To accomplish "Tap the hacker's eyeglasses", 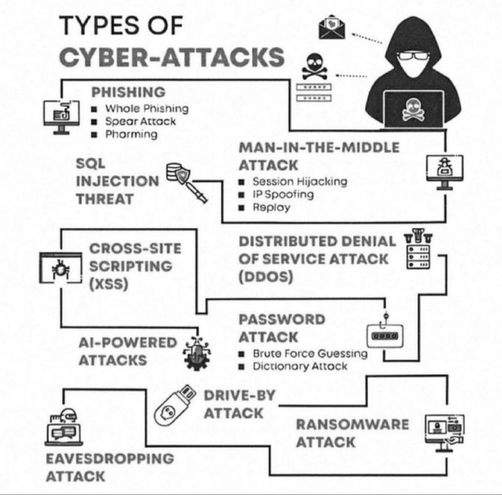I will coord(413,55).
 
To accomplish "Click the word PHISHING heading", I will coord(128,92).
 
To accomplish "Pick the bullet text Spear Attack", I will coord(140,121).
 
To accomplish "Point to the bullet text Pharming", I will coord(131,134).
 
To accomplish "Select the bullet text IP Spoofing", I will coord(283,194).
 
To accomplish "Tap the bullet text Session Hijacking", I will coord(300,182).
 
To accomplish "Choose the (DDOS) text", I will coord(266,277).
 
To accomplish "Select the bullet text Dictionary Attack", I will coord(300,366).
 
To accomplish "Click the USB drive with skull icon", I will coord(175,405).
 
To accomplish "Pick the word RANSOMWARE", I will coord(352,424).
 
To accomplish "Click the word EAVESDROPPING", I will coord(110,458).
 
